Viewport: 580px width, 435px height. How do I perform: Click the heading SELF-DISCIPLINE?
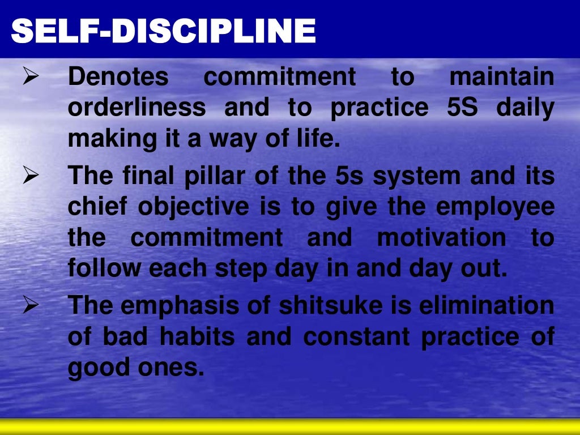(x=163, y=31)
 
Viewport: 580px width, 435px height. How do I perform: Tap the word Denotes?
(x=118, y=78)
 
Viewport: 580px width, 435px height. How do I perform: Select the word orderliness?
(x=137, y=108)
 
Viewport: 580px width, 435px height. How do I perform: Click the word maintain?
(x=501, y=78)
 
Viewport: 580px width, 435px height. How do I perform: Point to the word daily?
(x=525, y=108)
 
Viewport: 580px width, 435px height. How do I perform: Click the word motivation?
(x=441, y=238)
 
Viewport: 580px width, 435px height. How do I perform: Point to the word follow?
(x=104, y=268)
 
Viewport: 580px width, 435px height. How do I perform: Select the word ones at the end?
(x=178, y=368)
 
